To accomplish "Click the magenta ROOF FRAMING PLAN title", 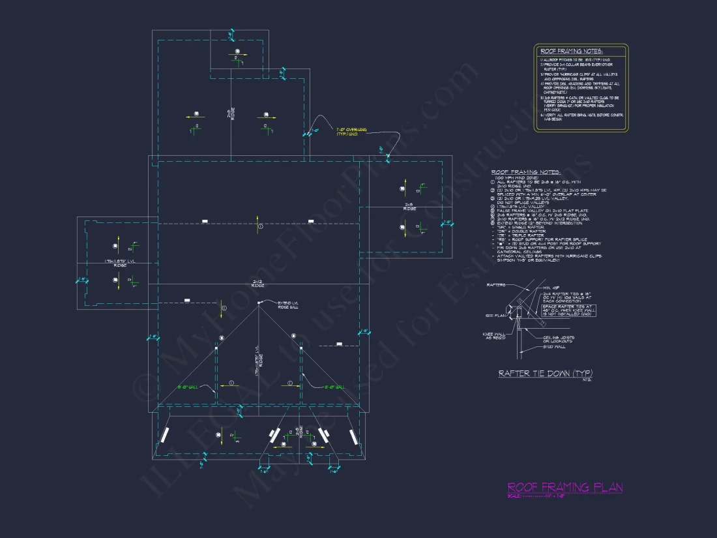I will [564, 487].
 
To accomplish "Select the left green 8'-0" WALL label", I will [188, 387].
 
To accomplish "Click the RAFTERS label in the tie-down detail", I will [496, 285].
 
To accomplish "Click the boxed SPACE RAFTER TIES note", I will [568, 310].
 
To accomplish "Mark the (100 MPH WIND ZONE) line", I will [514, 177].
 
